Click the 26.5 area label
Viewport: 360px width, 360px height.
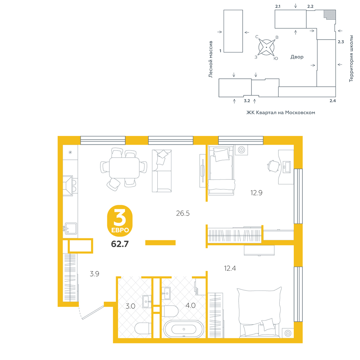point(183,213)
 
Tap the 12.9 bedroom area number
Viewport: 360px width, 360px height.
point(256,193)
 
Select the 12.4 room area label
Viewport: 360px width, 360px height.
point(230,268)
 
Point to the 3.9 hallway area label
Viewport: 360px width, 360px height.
point(94,274)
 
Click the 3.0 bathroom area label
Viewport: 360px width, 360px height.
point(130,306)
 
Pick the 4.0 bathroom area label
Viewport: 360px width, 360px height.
point(190,305)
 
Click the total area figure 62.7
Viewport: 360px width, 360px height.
point(120,244)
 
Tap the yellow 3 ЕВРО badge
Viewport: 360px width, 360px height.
point(120,221)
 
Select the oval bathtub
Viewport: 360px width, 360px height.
point(184,329)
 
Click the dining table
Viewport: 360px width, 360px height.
point(124,168)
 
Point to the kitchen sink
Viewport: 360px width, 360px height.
point(70,229)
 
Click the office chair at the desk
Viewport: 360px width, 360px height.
point(274,166)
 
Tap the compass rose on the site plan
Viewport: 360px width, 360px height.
point(266,47)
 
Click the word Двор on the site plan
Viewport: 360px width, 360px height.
point(297,57)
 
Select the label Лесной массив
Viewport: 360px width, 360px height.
point(211,59)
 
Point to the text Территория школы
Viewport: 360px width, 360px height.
point(351,59)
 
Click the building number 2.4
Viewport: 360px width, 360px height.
point(333,101)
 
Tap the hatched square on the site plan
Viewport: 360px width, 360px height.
point(330,14)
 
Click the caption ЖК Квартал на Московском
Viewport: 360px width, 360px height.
point(280,112)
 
